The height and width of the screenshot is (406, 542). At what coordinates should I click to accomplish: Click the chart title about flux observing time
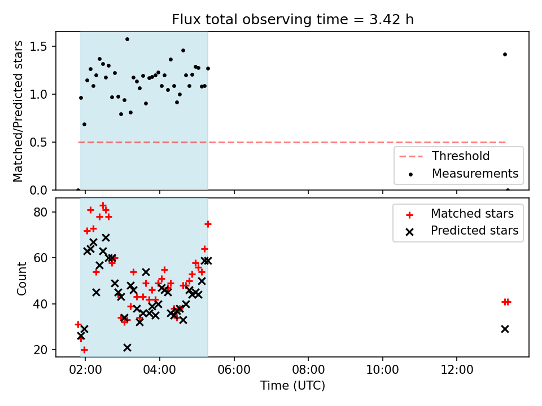tap(293, 19)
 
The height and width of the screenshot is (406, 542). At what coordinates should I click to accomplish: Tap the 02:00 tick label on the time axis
tap(85, 370)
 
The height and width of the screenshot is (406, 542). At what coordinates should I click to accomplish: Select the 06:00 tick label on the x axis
tap(234, 370)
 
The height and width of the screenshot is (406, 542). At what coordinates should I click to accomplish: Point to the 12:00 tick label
tap(457, 370)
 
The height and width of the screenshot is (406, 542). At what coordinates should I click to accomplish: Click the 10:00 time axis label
tap(382, 370)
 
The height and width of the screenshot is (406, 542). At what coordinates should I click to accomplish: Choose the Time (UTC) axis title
tap(293, 385)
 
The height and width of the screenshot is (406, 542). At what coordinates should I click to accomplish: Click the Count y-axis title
tap(21, 278)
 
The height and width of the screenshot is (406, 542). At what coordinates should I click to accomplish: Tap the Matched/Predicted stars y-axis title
tap(18, 111)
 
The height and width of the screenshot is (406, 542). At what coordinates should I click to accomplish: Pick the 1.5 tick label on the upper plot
tap(38, 47)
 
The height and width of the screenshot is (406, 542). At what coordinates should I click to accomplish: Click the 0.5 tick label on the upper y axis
tap(38, 142)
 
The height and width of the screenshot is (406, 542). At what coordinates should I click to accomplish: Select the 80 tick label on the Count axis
tap(41, 212)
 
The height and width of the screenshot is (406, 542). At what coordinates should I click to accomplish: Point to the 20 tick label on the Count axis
tap(41, 350)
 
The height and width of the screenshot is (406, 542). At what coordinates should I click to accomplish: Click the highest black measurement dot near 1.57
tap(127, 39)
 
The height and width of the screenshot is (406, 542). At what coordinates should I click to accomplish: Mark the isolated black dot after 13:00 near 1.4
tap(505, 55)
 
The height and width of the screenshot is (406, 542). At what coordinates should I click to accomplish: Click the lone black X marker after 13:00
tap(505, 329)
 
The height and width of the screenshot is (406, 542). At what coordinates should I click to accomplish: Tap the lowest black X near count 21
tap(127, 348)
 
